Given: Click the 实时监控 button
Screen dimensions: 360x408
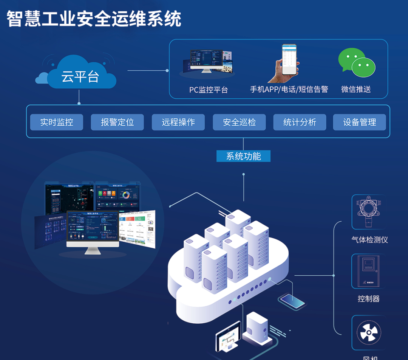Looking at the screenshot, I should point(57,122).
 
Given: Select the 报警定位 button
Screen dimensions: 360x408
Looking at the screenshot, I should point(117,122).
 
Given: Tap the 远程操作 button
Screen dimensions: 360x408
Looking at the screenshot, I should point(178,122).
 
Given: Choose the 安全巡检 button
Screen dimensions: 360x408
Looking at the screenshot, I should point(240,122).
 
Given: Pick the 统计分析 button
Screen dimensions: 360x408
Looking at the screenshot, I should point(300,122).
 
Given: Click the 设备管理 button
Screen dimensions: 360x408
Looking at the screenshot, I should point(360,122).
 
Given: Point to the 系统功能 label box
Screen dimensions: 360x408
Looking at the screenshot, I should point(244,156).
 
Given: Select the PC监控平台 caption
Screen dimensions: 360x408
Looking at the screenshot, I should point(209,90).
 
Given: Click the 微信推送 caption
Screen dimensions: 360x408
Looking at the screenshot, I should point(356,89).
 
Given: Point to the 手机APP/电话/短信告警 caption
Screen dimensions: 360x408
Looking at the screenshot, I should point(289,89).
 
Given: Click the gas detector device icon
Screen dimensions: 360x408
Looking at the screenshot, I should point(368,212).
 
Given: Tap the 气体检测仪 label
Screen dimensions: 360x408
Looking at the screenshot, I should point(369,239).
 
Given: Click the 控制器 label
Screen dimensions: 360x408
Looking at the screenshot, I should point(369,299).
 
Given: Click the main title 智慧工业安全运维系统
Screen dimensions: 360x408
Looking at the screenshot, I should point(94,19).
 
